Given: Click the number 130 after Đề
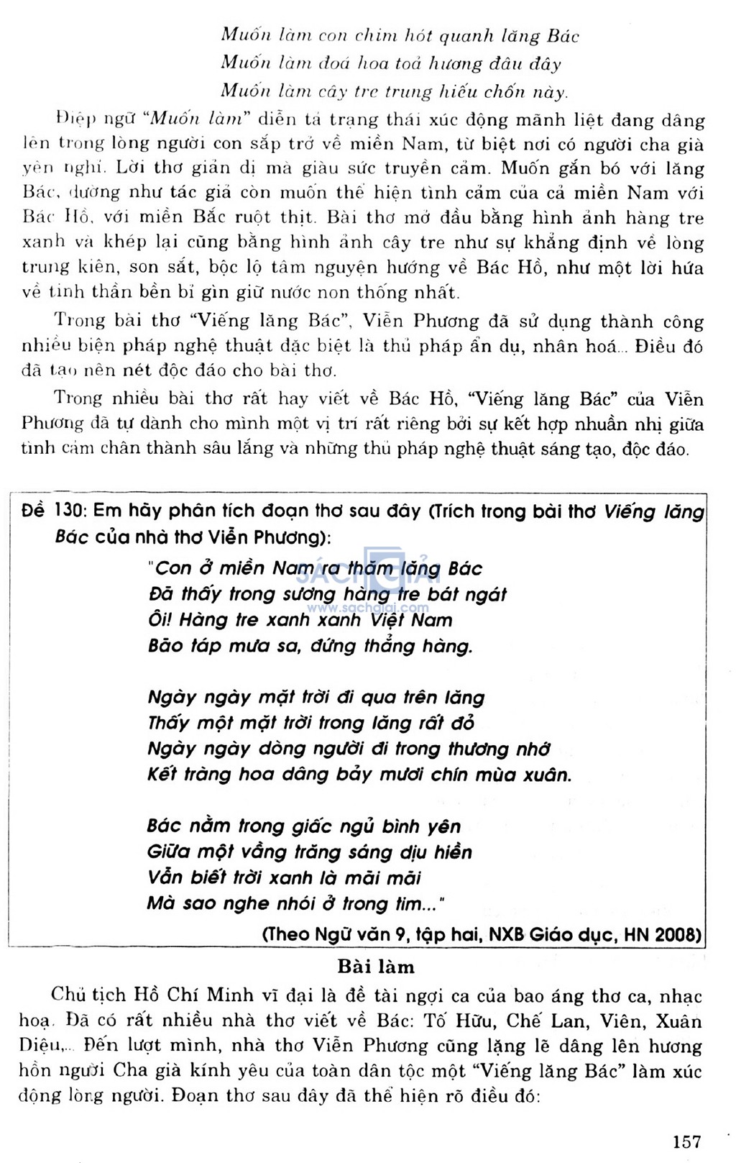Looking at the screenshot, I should (x=69, y=511).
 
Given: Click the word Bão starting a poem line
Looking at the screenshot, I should (x=165, y=646).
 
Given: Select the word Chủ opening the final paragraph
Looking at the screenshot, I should (x=68, y=995).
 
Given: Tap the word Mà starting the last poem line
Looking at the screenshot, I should (x=160, y=903).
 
